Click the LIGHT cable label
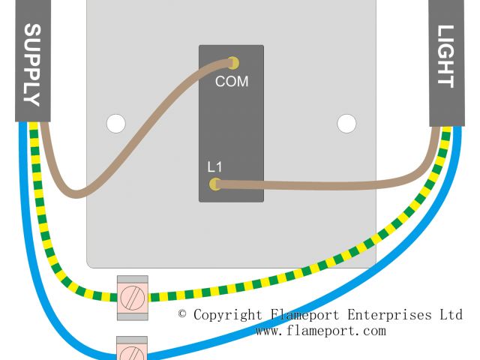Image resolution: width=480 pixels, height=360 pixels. pos(445,57)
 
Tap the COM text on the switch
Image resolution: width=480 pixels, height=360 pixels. pos(231,81)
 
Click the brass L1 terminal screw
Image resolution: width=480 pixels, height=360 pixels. pos(215,184)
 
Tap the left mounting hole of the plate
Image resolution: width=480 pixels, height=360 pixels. pos(115,122)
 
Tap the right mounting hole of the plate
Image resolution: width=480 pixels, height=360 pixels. pos(346,122)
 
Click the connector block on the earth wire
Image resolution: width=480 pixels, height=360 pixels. pos(133,297)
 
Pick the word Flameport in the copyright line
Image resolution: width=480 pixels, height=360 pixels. pos(302,315)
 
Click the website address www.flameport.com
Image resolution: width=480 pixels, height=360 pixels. pos(320,331)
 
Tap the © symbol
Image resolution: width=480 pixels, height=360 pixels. pos(183,314)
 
